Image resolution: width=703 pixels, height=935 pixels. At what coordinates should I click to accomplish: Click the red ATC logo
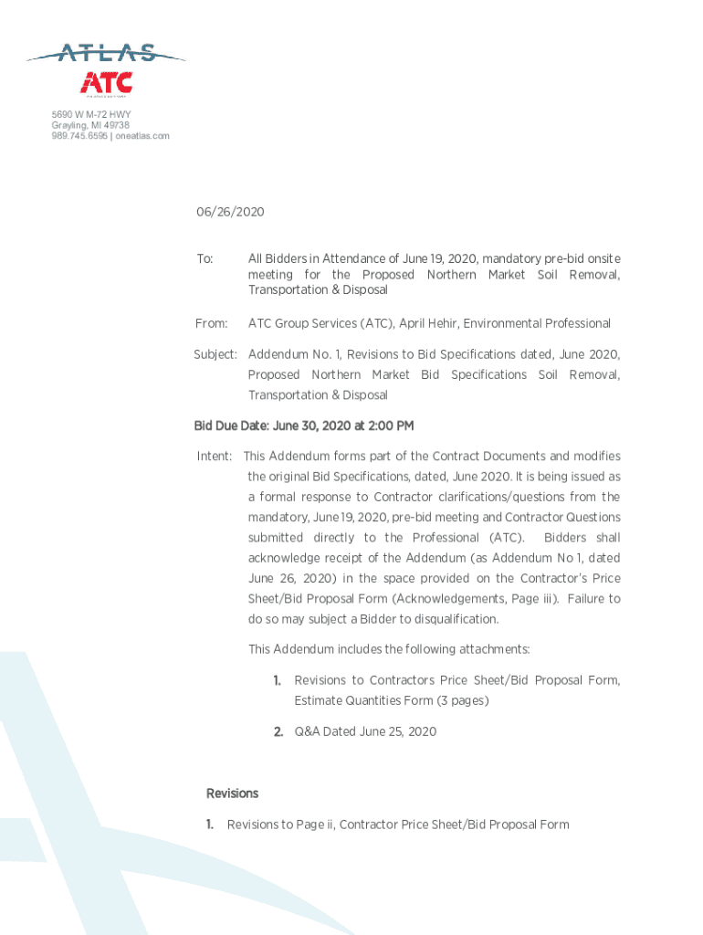[108, 82]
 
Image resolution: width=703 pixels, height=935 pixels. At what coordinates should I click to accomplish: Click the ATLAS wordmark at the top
[107, 54]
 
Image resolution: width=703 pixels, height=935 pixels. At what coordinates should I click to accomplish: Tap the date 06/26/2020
[230, 212]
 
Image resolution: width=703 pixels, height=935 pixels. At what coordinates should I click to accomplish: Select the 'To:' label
[205, 259]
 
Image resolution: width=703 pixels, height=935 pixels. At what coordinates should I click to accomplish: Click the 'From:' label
[211, 323]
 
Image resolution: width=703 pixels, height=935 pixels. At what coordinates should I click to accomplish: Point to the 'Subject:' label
[215, 353]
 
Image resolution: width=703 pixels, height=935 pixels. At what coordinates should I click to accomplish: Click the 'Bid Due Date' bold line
[304, 425]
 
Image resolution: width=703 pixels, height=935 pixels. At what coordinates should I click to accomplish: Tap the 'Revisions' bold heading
[232, 793]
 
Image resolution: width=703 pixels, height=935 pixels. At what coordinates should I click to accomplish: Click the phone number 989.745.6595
[79, 136]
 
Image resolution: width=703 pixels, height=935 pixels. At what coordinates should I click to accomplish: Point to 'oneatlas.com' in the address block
[142, 136]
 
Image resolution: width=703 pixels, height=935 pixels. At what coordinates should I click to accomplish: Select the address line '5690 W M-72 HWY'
[91, 114]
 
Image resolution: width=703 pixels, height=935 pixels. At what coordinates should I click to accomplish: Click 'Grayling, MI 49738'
[90, 125]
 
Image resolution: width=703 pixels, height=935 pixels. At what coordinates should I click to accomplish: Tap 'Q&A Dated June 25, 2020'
[365, 731]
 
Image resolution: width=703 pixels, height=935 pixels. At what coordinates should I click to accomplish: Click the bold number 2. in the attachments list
[278, 731]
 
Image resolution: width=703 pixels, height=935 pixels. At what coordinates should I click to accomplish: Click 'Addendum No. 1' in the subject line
[293, 353]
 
